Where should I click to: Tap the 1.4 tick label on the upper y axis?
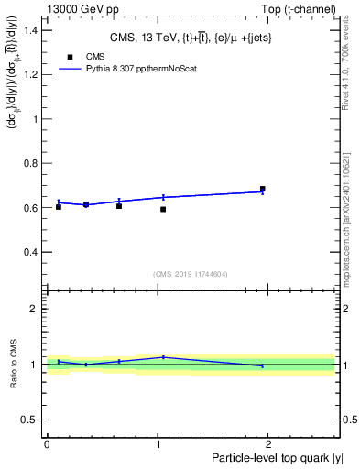click(29, 30)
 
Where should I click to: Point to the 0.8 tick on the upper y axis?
click(29, 163)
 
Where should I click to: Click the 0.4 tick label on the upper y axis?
click(29, 252)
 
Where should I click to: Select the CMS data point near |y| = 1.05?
click(163, 210)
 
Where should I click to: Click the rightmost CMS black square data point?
click(263, 189)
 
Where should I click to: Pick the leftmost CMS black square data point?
click(59, 207)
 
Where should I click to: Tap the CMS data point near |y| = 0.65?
click(119, 206)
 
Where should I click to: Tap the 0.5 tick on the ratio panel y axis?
click(29, 420)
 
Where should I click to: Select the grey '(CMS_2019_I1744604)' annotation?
click(190, 273)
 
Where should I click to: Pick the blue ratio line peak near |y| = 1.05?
click(163, 357)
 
